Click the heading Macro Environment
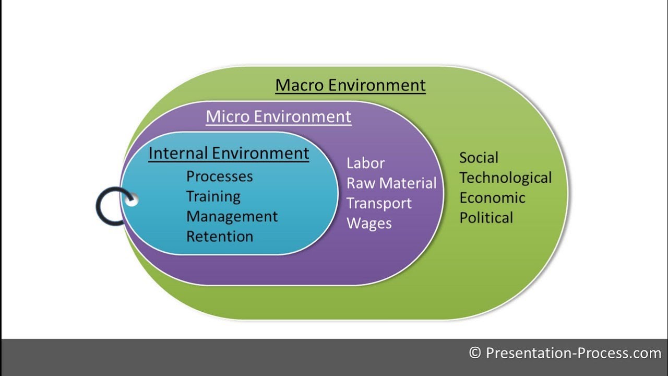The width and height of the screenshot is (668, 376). (350, 85)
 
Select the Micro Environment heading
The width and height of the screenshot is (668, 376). (278, 116)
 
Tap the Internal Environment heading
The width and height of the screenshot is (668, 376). (229, 154)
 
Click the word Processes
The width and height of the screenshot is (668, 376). (219, 177)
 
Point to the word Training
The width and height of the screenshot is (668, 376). (213, 196)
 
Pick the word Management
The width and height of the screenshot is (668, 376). (232, 216)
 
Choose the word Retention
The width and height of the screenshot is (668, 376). (219, 236)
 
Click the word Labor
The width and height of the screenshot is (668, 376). (365, 163)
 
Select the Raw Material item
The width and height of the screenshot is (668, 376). (391, 183)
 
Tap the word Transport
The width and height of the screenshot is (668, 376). (379, 203)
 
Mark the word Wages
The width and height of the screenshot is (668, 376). (369, 224)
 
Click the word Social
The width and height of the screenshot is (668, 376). (479, 158)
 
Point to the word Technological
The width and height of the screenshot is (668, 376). (505, 178)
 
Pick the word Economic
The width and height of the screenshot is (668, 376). (492, 198)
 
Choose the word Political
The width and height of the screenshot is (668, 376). (486, 218)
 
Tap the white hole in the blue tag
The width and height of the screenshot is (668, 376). (132, 200)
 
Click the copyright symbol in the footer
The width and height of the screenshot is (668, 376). (475, 353)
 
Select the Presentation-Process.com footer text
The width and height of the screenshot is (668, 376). (573, 353)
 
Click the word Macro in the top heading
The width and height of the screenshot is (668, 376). (301, 85)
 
